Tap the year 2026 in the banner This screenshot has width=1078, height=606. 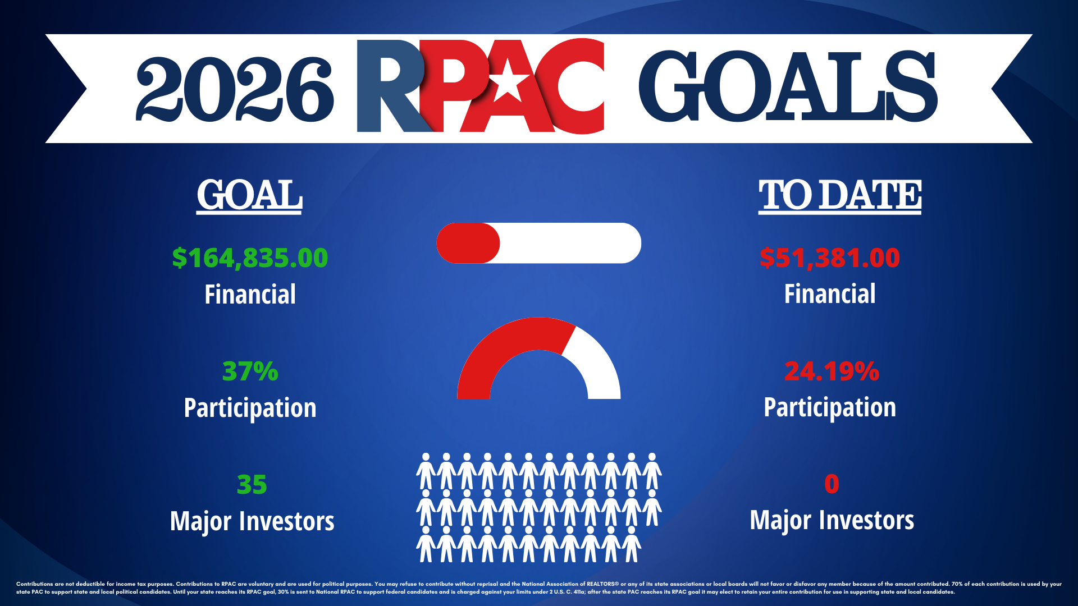[235, 89]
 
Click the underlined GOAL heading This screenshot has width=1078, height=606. [250, 195]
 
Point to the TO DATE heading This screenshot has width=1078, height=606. [840, 195]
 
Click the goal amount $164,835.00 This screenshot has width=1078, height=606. [250, 258]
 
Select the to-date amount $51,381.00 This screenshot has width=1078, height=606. [830, 258]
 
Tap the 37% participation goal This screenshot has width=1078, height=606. [250, 371]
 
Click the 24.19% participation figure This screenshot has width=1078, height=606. [832, 371]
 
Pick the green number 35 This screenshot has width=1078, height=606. [252, 485]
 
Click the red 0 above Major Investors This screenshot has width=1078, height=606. [832, 484]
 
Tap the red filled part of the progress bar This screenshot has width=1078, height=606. [468, 243]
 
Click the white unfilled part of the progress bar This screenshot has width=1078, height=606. [570, 243]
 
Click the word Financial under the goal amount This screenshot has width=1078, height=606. [250, 295]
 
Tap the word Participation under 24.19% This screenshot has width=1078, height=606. [830, 408]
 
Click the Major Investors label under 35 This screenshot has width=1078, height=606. [252, 521]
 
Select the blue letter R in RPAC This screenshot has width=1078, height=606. [393, 86]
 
